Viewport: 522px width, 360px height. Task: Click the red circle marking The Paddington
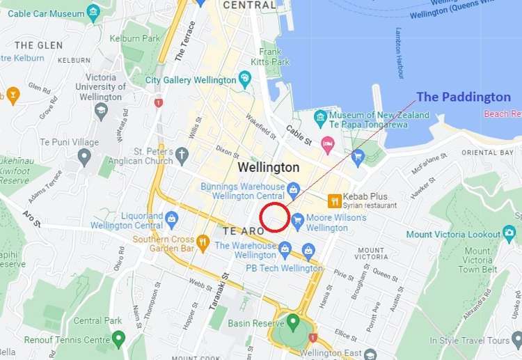pyautogui.click(x=274, y=217)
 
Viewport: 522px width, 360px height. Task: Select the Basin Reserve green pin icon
pyautogui.click(x=292, y=322)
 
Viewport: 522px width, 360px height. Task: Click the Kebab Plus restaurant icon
pyautogui.click(x=335, y=201)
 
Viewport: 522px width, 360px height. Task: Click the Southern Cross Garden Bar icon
pyautogui.click(x=203, y=242)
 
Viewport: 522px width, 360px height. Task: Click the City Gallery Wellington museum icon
pyautogui.click(x=244, y=79)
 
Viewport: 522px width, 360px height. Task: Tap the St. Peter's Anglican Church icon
pyautogui.click(x=182, y=155)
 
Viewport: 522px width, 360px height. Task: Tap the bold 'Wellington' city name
pyautogui.click(x=269, y=168)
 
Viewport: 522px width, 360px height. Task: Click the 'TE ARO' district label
pyautogui.click(x=240, y=230)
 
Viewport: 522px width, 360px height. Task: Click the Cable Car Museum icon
pyautogui.click(x=94, y=13)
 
